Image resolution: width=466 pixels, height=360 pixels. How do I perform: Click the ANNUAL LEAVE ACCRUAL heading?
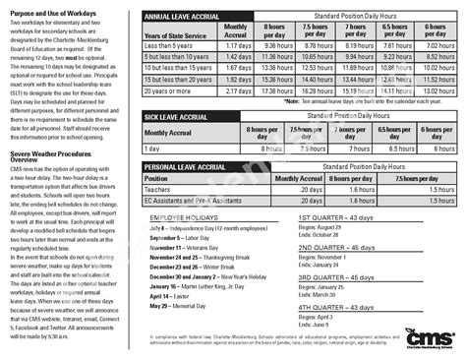[x=183, y=18]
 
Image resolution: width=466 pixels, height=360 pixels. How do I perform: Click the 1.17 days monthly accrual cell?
[x=237, y=45]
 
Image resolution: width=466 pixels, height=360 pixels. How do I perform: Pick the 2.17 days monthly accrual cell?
[x=237, y=90]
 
